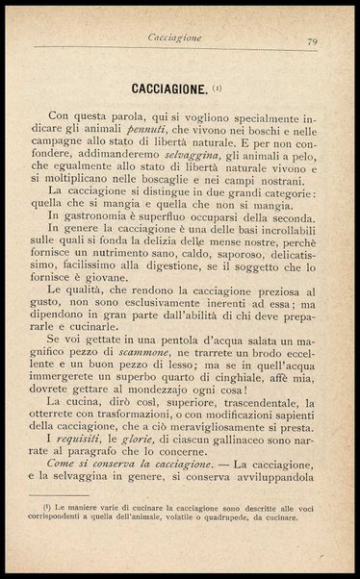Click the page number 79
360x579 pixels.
[x=313, y=40]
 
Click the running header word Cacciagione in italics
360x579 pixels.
[x=174, y=38]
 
